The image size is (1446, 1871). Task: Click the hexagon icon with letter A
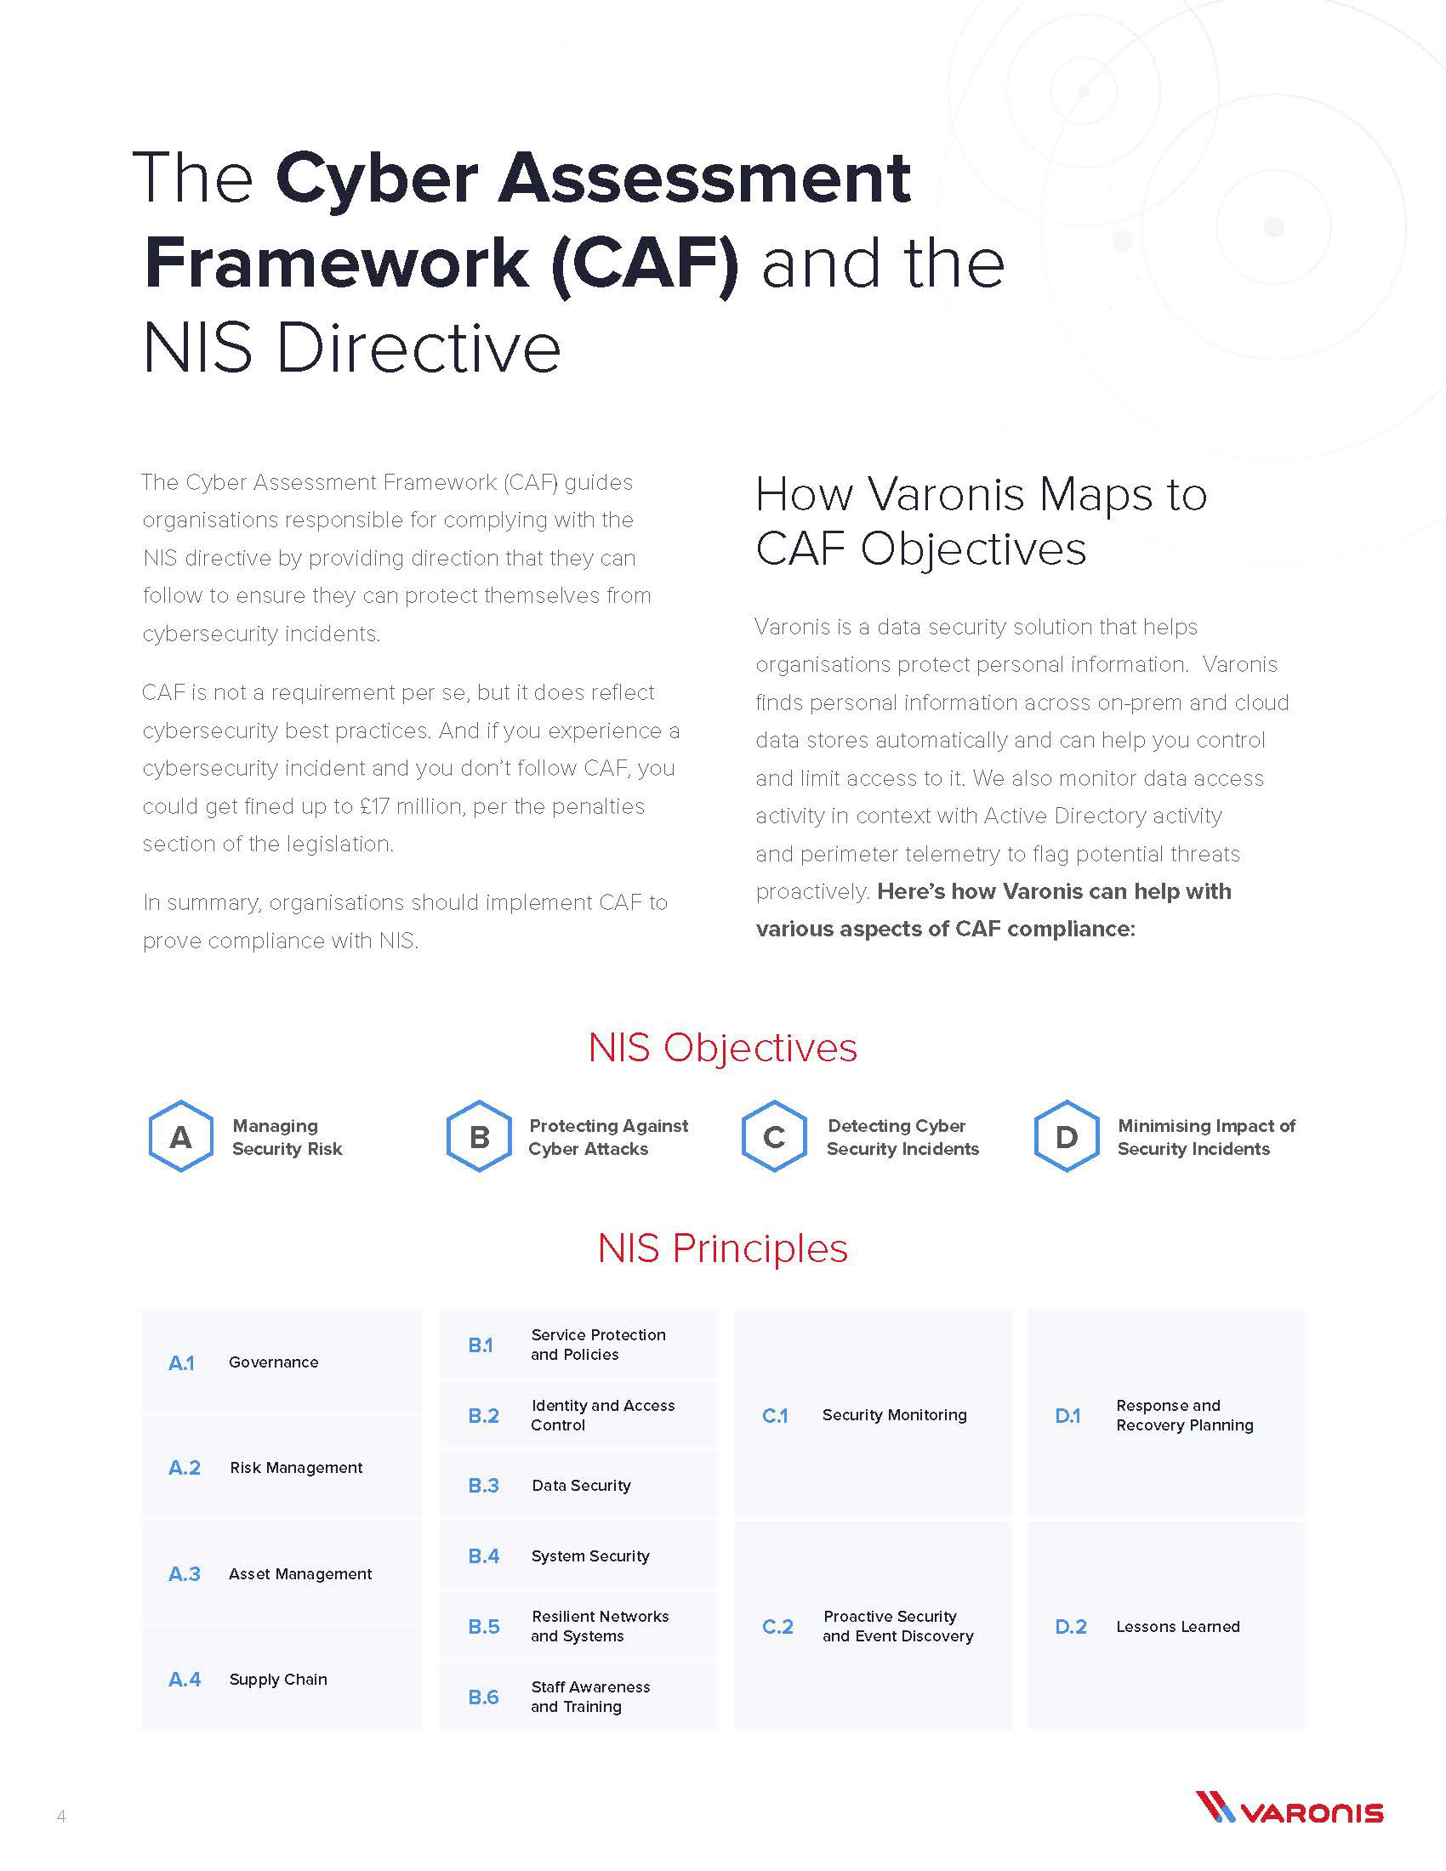180,1136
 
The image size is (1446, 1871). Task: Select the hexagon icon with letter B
479,1136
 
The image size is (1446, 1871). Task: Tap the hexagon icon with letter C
773,1136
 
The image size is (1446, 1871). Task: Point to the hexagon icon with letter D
1067,1136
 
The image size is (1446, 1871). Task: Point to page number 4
61,1816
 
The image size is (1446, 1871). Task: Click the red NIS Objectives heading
722,1047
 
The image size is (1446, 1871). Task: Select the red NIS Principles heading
722,1248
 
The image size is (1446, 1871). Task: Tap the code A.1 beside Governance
182,1362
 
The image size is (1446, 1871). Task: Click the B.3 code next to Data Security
483,1486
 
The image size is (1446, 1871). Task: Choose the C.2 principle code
777,1626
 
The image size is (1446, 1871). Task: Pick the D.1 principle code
1067,1415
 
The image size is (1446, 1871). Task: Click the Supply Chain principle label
277,1679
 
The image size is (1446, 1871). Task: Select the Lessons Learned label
1177,1626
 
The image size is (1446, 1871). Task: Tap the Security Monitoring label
893,1414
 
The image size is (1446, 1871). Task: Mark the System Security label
589,1555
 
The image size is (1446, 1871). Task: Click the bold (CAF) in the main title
645,263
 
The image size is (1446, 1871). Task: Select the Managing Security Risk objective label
286,1137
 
